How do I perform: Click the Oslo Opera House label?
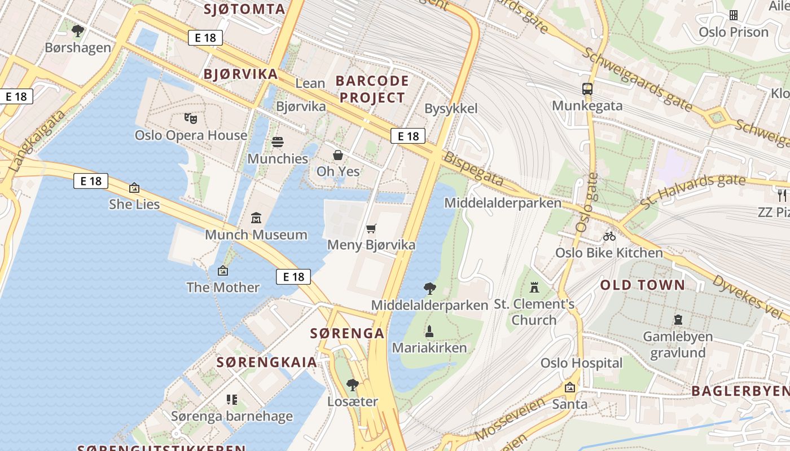pyautogui.click(x=191, y=135)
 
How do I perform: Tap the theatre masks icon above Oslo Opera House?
pyautogui.click(x=191, y=118)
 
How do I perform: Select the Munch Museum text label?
pyautogui.click(x=256, y=235)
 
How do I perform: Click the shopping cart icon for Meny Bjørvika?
pyautogui.click(x=371, y=228)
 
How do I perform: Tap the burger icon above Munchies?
pyautogui.click(x=278, y=142)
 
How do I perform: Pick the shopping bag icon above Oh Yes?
pyautogui.click(x=338, y=154)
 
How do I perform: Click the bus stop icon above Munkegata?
pyautogui.click(x=587, y=89)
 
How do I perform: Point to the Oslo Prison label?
pyautogui.click(x=734, y=32)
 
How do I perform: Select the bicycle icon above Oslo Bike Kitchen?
pyautogui.click(x=609, y=236)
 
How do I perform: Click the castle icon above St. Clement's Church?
pyautogui.click(x=534, y=288)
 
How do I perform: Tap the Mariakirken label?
pyautogui.click(x=429, y=347)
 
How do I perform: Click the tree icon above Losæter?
pyautogui.click(x=353, y=385)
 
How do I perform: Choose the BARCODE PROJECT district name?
pyautogui.click(x=372, y=89)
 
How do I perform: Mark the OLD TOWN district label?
pyautogui.click(x=642, y=285)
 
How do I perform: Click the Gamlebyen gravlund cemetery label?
pyautogui.click(x=678, y=344)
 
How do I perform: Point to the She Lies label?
pyautogui.click(x=134, y=204)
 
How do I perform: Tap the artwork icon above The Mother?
pyautogui.click(x=223, y=271)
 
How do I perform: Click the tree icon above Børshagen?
pyautogui.click(x=78, y=30)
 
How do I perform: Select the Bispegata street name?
pyautogui.click(x=473, y=169)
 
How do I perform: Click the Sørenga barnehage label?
pyautogui.click(x=232, y=416)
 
